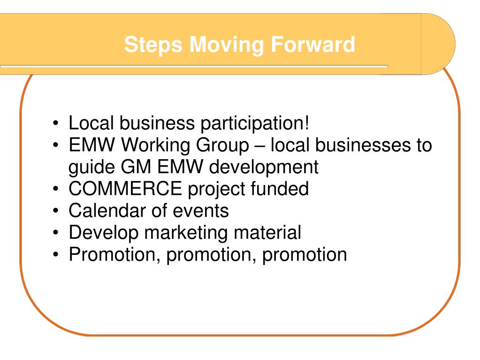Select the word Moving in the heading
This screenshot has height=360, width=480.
(226, 45)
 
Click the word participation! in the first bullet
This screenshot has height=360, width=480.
(255, 124)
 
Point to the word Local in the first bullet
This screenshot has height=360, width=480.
(91, 123)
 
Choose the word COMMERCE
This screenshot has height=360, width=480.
(125, 189)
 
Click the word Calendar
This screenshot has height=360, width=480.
(107, 210)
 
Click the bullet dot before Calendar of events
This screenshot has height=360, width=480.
(56, 211)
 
